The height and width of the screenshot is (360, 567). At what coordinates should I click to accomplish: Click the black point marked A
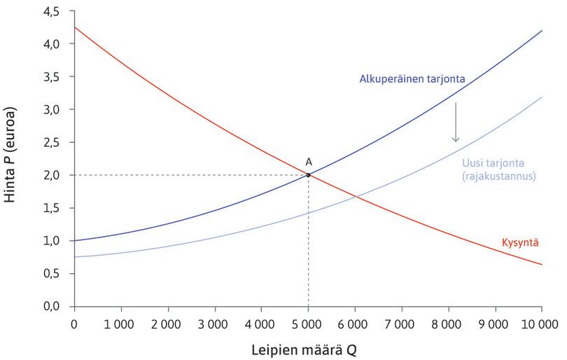308,174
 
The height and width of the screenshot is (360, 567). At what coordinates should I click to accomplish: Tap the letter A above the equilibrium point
309,162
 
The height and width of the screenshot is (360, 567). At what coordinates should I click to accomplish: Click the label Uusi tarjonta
489,164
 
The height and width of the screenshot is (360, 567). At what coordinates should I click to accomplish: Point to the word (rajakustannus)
498,176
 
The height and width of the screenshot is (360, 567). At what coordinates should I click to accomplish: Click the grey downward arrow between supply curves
455,123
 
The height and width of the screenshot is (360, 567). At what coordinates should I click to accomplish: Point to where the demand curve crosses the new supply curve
356,197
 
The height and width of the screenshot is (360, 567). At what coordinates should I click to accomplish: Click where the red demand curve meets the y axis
73,27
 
